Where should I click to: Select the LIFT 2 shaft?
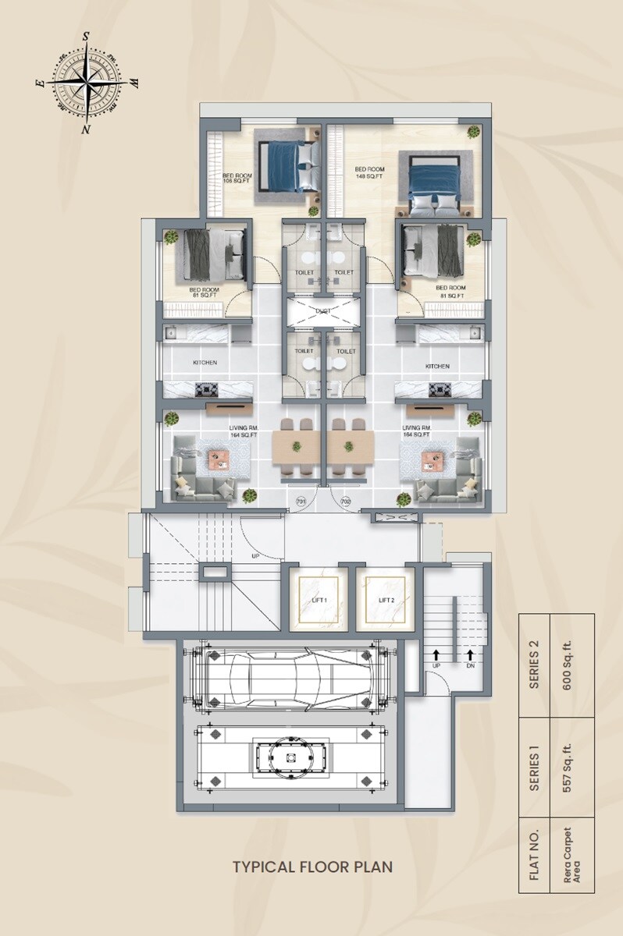[385, 600]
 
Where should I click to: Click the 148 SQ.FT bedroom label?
[369, 173]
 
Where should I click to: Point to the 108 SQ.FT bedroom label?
[237, 179]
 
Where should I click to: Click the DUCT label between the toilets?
[323, 311]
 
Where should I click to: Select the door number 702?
[346, 502]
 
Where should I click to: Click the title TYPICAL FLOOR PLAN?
[311, 867]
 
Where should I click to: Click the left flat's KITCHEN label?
[205, 363]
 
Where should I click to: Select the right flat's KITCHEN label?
[437, 366]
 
